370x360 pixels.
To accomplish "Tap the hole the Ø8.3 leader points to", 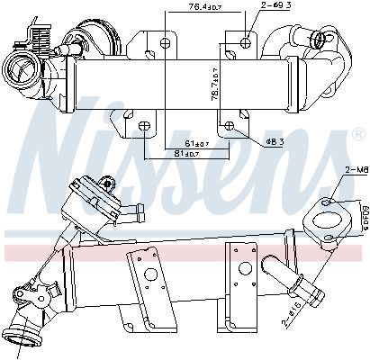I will point(230,124).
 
